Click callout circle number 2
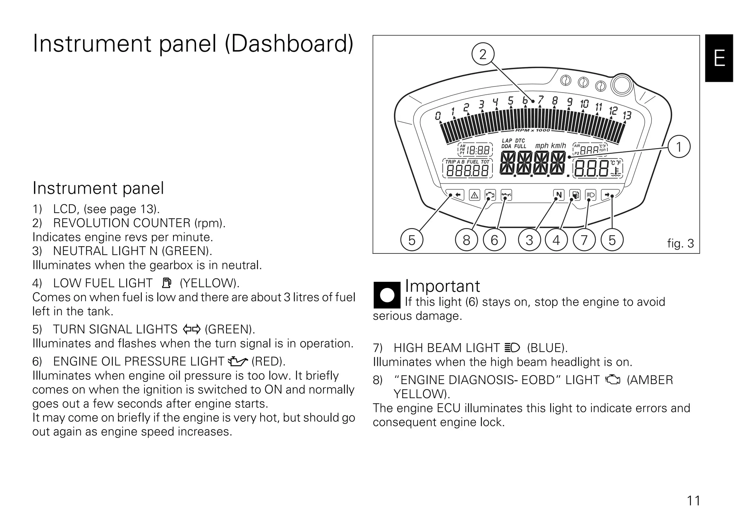pyautogui.click(x=483, y=54)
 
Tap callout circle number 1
pyautogui.click(x=679, y=147)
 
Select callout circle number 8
pyautogui.click(x=466, y=240)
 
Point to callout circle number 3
pyautogui.click(x=529, y=240)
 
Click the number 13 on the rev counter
pyautogui.click(x=627, y=115)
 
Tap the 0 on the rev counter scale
pyautogui.click(x=438, y=116)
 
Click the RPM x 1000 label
pyautogui.click(x=532, y=130)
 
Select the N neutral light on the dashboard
pyautogui.click(x=558, y=195)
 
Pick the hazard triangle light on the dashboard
pyautogui.click(x=475, y=195)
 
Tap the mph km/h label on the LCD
pyautogui.click(x=550, y=146)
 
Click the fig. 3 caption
pyautogui.click(x=680, y=243)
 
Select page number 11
pyautogui.click(x=694, y=500)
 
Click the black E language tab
pyautogui.click(x=719, y=58)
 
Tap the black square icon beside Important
pyautogui.click(x=387, y=295)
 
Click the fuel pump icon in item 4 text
pyautogui.click(x=167, y=283)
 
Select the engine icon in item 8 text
pyautogui.click(x=613, y=380)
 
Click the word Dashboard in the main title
pyautogui.click(x=289, y=44)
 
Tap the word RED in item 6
pyautogui.click(x=268, y=361)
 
